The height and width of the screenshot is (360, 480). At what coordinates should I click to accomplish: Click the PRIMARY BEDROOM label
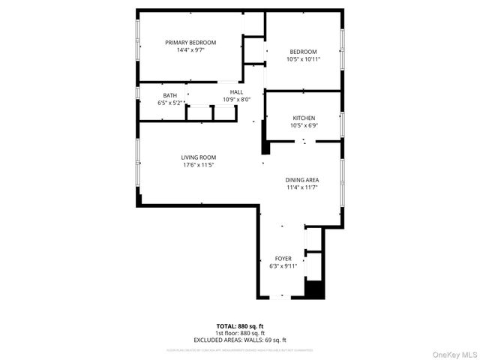click(x=190, y=43)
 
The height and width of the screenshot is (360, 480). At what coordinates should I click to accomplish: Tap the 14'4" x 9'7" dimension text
click(x=190, y=50)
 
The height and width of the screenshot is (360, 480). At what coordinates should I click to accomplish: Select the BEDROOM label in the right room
click(x=303, y=52)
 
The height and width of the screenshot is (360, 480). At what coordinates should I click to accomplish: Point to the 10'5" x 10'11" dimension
click(x=303, y=59)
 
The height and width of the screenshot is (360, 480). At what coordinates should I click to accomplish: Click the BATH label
click(x=170, y=95)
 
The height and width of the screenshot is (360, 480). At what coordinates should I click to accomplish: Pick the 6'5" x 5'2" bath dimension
click(x=170, y=103)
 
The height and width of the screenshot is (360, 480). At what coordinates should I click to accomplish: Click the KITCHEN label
click(x=304, y=118)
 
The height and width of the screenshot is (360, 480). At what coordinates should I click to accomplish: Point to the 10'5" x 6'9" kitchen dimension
click(x=304, y=126)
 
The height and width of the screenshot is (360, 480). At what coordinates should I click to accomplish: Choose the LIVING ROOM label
click(x=198, y=157)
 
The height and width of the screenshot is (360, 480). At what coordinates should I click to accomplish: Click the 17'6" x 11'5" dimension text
click(x=198, y=165)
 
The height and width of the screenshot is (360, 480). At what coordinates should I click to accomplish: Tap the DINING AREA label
click(x=302, y=180)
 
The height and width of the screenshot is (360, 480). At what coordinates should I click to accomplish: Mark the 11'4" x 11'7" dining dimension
click(x=302, y=187)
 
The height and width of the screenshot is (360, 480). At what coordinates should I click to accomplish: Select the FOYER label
click(x=283, y=258)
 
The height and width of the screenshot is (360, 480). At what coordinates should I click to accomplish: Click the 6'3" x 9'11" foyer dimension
click(x=283, y=265)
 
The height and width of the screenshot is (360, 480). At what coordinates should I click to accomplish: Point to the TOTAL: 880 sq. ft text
click(x=239, y=326)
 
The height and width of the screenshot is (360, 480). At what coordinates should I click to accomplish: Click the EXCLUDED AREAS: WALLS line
click(x=239, y=340)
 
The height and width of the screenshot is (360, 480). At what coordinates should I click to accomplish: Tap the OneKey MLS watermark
click(x=452, y=353)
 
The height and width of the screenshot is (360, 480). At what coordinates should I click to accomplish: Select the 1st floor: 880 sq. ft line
click(x=239, y=333)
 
